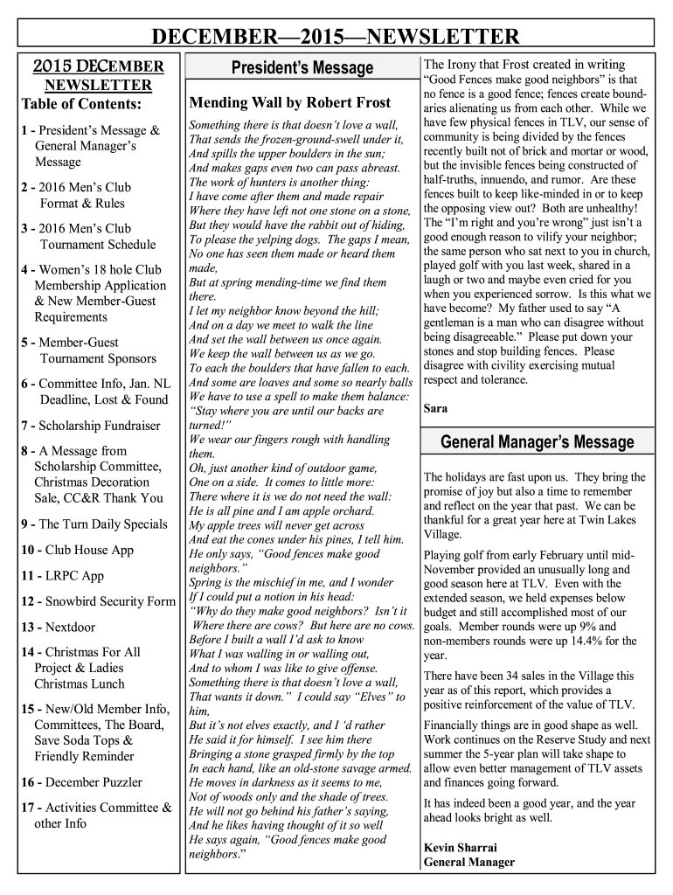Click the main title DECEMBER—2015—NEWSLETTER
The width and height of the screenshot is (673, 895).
tap(336, 37)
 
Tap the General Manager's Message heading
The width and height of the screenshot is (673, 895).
tap(538, 442)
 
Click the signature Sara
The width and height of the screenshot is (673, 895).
tap(435, 408)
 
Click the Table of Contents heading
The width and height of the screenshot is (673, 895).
tap(80, 105)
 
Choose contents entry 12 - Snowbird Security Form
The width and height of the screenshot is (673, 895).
tap(97, 601)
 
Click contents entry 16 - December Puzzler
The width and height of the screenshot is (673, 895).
tap(81, 782)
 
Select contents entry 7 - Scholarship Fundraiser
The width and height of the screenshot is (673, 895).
tap(90, 426)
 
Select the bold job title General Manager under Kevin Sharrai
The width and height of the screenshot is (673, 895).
tap(469, 862)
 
